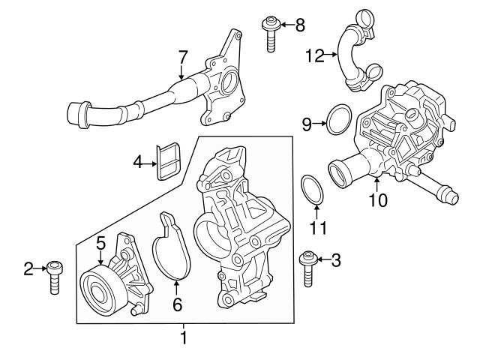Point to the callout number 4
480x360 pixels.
coord(137,161)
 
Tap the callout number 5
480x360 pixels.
coord(100,242)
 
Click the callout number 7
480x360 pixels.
coord(182,56)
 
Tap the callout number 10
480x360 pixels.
coord(378,200)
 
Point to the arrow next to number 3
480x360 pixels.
coord(322,260)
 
